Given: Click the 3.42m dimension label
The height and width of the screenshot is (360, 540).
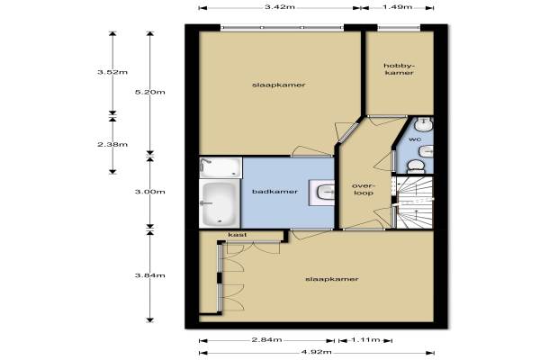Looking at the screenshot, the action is tap(280, 7).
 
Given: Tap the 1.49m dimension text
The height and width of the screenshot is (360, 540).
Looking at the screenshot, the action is tap(398, 7).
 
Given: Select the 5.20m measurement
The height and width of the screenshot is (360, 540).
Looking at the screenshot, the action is tap(149, 92).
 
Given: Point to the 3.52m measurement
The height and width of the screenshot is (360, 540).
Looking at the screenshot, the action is tap(112, 72).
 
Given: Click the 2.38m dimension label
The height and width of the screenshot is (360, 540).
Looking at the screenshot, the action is tap(112, 144).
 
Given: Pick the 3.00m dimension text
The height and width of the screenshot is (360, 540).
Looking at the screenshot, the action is tap(149, 192).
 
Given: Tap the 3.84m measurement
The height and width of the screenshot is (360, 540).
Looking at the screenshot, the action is tap(149, 275).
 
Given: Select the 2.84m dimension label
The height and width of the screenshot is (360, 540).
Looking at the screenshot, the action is tap(267, 339).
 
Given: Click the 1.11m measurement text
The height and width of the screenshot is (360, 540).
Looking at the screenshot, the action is tap(365, 340).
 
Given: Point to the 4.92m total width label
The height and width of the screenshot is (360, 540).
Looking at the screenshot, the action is tap(317, 352).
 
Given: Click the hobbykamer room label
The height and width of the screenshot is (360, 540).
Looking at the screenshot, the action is tap(399, 69).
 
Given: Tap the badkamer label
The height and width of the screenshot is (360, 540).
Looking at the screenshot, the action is tap(274, 192).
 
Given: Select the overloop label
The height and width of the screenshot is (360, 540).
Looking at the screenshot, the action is tap(364, 190).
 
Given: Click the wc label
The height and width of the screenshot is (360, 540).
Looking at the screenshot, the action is tap(415, 139).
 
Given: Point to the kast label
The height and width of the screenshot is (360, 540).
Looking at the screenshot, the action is tap(238, 235).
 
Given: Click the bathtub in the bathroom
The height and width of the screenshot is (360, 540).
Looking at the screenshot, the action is tap(220, 203).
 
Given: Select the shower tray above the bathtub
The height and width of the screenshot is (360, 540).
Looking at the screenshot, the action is tap(220, 167).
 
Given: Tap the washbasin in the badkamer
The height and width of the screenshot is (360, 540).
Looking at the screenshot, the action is tap(321, 193).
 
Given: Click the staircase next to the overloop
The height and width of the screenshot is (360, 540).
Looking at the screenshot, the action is tap(415, 202).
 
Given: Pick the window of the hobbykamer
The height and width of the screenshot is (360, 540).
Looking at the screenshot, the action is tap(399, 28).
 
